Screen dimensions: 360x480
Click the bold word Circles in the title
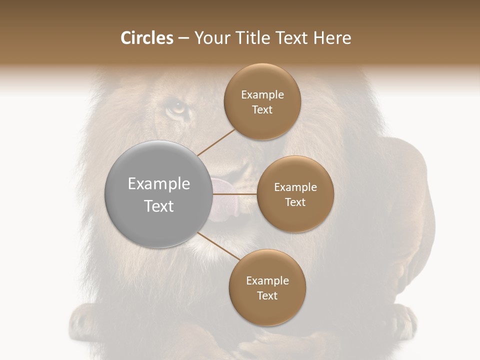coord(147,38)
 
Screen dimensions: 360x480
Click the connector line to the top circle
coord(216,141)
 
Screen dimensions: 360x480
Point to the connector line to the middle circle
coord(235,194)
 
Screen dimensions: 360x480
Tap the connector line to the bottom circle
coord(218,246)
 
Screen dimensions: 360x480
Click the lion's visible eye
coord(176,106)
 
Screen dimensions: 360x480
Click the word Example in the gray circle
coord(159,184)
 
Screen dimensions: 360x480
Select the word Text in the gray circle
coord(159,206)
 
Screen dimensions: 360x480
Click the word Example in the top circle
coord(262,95)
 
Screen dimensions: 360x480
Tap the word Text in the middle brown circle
coord(295,202)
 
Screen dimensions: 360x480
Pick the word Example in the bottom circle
coord(267,281)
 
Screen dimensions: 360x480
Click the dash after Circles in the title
coord(183,38)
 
